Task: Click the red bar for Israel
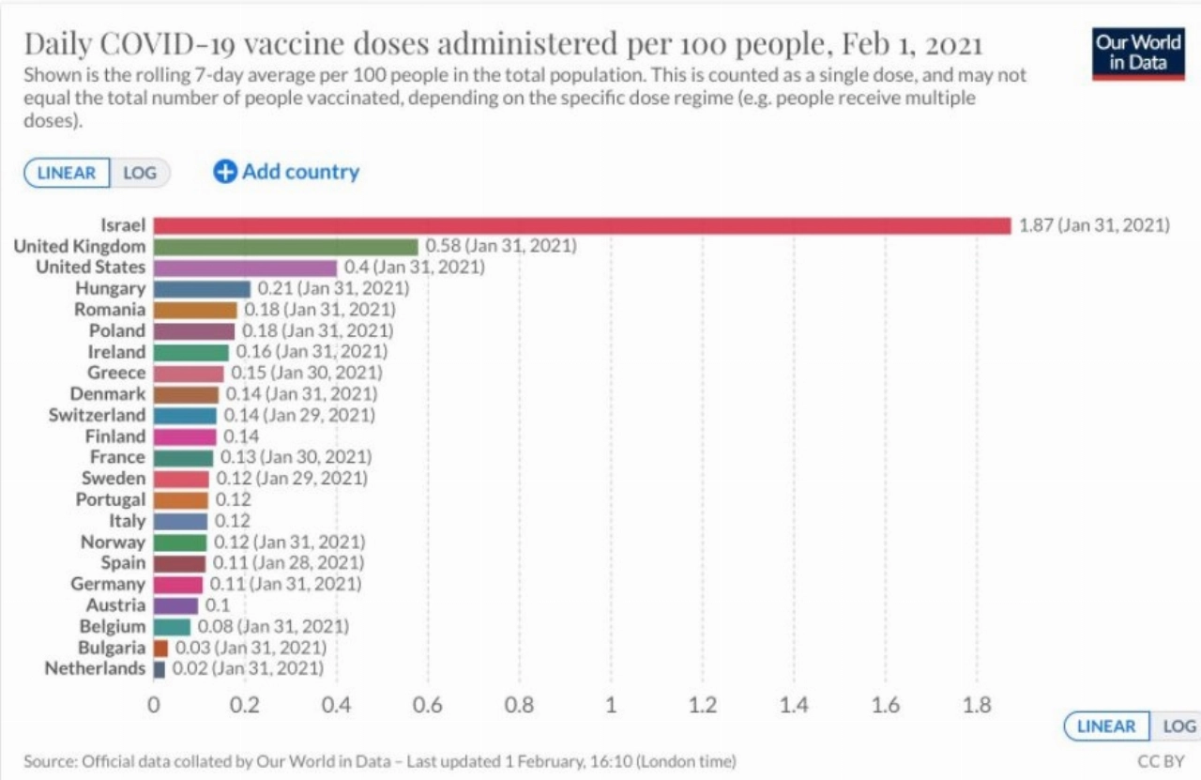(582, 225)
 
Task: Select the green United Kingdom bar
(285, 247)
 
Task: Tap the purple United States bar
(245, 268)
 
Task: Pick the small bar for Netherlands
(159, 669)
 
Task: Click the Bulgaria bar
(160, 648)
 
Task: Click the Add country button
(286, 172)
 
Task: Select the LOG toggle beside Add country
(140, 173)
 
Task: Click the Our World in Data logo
(1138, 53)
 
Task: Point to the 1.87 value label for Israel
(1094, 225)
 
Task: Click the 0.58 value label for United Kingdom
(501, 246)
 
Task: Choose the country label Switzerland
(97, 415)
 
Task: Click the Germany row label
(108, 584)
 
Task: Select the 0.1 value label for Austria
(217, 605)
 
